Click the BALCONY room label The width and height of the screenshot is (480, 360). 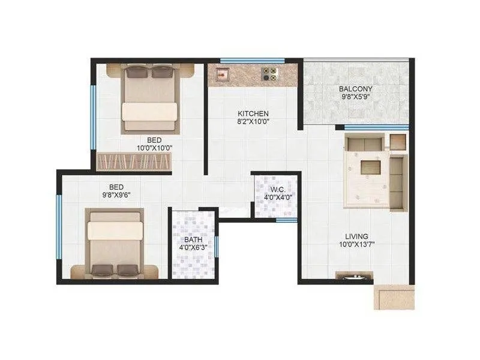coord(357,89)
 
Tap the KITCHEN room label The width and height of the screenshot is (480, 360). coord(253,113)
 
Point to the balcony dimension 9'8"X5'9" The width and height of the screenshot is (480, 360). coord(357,97)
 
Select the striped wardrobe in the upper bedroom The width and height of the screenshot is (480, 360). coord(134,162)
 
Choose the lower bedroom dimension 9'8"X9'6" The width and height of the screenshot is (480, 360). coord(116,194)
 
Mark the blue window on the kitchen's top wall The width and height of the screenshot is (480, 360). coord(244,60)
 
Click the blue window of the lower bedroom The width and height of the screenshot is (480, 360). coord(59,225)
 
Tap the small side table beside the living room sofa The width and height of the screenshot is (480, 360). coord(398,142)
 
